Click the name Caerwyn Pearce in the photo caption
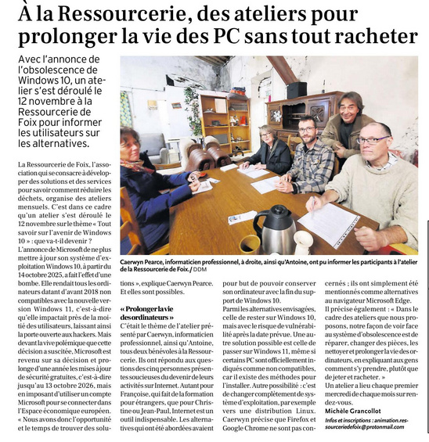point(146,263)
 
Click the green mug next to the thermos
point(250,243)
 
